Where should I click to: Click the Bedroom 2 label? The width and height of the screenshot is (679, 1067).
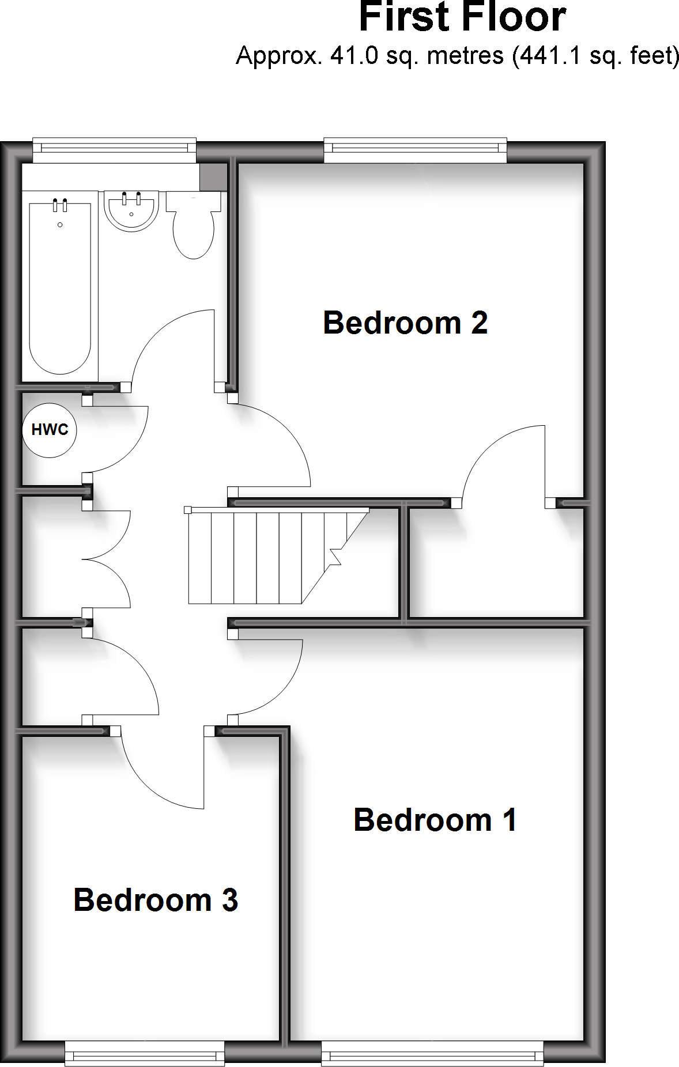(x=405, y=323)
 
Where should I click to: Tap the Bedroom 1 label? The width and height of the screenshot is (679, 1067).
(x=435, y=820)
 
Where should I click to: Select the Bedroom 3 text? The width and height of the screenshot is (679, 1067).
(x=156, y=900)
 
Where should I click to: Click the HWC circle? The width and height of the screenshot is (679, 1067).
(x=50, y=430)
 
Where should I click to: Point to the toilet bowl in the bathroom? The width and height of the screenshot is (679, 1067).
(x=194, y=233)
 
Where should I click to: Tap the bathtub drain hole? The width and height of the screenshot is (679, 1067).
(x=60, y=225)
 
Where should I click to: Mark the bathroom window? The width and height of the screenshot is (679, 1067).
(x=114, y=149)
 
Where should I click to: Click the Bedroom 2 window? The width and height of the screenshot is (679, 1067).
(x=415, y=149)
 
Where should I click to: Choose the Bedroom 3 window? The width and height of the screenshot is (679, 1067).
(x=144, y=1054)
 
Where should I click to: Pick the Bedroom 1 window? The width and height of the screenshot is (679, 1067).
(x=432, y=1054)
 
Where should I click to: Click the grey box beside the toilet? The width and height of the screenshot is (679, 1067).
(x=213, y=176)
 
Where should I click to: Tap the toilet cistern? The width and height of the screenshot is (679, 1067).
(x=194, y=202)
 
